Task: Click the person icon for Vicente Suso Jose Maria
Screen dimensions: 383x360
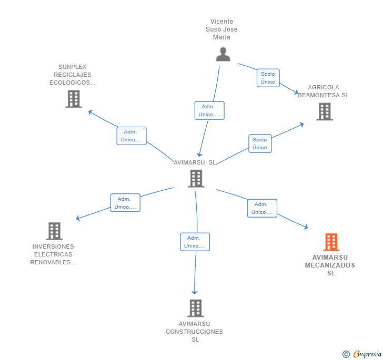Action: click(223, 54)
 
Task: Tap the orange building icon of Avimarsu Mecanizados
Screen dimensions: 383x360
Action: click(331, 242)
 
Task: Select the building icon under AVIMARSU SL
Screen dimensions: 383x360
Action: click(196, 179)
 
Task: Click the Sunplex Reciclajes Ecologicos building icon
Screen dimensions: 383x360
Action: click(74, 99)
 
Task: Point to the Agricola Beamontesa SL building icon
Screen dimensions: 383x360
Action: click(325, 111)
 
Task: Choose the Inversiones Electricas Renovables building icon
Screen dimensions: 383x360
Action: click(54, 231)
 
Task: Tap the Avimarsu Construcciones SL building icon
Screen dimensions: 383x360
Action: click(196, 308)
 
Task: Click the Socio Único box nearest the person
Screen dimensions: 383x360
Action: click(268, 78)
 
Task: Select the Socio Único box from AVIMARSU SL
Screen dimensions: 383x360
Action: click(260, 143)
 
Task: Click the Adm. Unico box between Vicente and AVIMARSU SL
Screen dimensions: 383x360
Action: click(209, 110)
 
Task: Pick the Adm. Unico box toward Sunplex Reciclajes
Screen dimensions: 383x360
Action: click(132, 136)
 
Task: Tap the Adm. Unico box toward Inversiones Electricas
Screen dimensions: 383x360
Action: click(125, 203)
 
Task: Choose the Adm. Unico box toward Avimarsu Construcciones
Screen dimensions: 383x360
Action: click(195, 242)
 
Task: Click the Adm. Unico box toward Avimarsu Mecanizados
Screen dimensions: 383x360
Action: click(262, 208)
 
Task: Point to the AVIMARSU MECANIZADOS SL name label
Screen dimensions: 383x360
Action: click(330, 265)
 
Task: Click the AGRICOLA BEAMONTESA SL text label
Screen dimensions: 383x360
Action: click(324, 91)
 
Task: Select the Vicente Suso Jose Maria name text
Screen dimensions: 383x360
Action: click(221, 29)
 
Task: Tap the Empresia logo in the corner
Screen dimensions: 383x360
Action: click(362, 354)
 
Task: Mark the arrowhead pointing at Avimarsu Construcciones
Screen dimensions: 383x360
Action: click(195, 292)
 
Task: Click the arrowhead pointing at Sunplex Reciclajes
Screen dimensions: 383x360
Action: click(90, 112)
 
